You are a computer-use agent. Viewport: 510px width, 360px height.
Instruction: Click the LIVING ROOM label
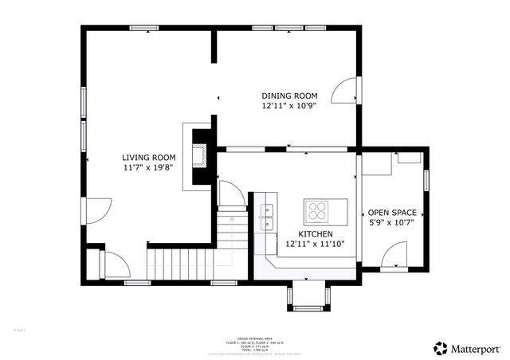(x=148, y=158)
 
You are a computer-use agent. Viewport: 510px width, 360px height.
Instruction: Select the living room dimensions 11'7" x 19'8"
(x=148, y=168)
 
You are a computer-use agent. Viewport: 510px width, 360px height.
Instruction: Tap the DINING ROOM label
(x=289, y=96)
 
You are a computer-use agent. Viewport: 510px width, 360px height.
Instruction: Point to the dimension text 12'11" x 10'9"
(x=289, y=106)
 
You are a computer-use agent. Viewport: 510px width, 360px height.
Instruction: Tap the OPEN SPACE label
(x=392, y=213)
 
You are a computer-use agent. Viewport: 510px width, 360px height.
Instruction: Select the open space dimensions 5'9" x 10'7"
(x=392, y=223)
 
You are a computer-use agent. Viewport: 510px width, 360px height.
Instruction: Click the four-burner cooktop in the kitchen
(x=316, y=211)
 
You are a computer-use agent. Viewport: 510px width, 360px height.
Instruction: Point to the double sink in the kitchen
(x=266, y=211)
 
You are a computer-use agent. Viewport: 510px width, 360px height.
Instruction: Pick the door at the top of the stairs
(x=229, y=194)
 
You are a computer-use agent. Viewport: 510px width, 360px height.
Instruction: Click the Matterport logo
(x=467, y=348)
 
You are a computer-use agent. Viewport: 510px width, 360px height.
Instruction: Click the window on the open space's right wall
(x=426, y=180)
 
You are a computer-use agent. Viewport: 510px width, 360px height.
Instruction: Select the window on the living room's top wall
(x=144, y=29)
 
